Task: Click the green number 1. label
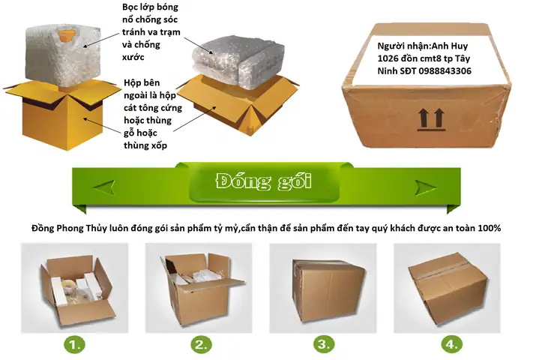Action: point(75,345)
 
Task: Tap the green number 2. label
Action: point(201,345)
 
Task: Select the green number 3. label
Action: point(324,345)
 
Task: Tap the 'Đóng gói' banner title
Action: point(263,181)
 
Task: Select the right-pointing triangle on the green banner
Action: point(427,182)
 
